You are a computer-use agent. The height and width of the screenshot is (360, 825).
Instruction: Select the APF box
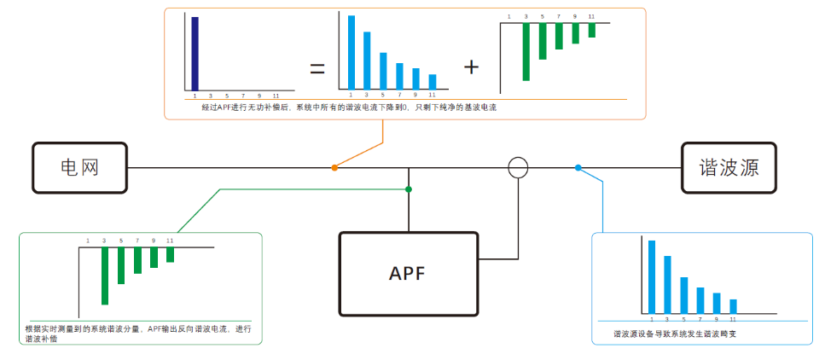click(408, 274)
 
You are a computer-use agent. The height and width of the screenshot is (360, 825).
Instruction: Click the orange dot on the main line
click(334, 168)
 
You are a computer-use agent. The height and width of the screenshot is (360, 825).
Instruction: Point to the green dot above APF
click(409, 189)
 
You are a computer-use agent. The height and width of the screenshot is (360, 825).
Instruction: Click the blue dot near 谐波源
click(578, 168)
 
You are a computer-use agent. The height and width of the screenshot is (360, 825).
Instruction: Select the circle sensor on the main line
click(518, 167)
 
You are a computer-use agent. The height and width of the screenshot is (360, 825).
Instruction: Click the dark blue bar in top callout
click(195, 53)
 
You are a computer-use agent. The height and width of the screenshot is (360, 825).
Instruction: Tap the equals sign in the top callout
click(317, 68)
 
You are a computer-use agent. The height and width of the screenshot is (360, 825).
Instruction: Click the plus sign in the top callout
click(472, 67)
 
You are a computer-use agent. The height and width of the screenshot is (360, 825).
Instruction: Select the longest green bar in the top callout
click(526, 52)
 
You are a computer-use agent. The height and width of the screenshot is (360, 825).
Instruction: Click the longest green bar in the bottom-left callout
click(105, 276)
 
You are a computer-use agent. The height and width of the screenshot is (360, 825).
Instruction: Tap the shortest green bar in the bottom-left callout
click(171, 254)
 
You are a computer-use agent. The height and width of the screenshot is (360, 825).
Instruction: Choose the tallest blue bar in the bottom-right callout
click(652, 276)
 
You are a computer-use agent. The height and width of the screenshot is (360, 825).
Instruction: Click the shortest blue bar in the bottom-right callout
click(733, 306)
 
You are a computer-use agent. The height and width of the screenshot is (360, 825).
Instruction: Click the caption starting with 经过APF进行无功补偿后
click(349, 108)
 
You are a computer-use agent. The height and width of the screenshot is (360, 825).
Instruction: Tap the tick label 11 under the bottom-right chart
click(733, 318)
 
